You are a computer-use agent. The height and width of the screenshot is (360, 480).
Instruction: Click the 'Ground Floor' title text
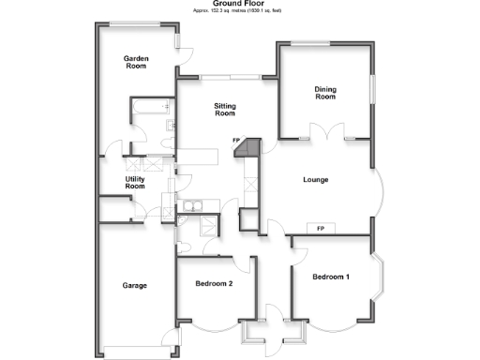click(x=239, y=4)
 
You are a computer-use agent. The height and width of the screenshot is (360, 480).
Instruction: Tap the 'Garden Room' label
click(x=137, y=63)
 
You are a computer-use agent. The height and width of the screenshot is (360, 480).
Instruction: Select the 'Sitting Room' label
click(x=224, y=110)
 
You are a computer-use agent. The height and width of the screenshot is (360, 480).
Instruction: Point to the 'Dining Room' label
click(x=324, y=93)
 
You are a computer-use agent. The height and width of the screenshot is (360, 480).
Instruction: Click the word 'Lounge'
click(x=315, y=179)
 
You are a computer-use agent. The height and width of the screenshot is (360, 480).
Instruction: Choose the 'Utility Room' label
click(x=136, y=182)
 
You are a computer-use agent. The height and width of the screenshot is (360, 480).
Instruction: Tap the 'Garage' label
click(x=136, y=285)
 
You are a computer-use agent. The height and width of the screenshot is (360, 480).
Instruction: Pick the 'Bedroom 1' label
click(x=331, y=277)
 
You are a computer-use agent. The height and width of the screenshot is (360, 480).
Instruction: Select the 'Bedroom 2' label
click(x=214, y=284)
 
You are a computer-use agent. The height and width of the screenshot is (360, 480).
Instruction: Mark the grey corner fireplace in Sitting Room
click(x=247, y=147)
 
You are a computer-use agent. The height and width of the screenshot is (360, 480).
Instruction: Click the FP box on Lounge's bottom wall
click(x=321, y=229)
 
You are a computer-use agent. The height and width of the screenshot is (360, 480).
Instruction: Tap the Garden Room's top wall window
click(x=137, y=24)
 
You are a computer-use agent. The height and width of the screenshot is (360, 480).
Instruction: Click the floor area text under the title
click(x=239, y=10)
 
